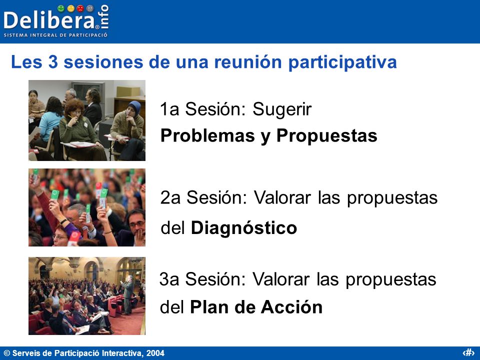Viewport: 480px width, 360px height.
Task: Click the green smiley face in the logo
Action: point(61,8)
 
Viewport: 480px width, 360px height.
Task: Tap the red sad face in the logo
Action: point(80,8)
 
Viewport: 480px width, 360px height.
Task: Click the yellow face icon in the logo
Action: point(70,8)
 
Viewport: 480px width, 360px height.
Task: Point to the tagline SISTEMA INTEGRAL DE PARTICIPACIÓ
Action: point(55,35)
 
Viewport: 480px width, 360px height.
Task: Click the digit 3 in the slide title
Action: point(53,62)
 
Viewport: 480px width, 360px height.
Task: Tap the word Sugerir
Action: point(282,110)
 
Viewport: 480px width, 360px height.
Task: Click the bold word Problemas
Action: point(207,135)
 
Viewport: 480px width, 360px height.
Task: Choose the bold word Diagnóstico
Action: point(244,228)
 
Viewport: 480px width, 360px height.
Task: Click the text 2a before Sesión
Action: point(170,198)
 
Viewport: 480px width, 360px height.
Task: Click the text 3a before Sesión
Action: point(169,279)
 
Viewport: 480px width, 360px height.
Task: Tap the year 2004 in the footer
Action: point(155,353)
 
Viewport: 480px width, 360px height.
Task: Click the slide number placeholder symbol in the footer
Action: point(468,352)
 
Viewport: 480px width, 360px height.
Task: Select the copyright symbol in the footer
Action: point(7,353)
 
